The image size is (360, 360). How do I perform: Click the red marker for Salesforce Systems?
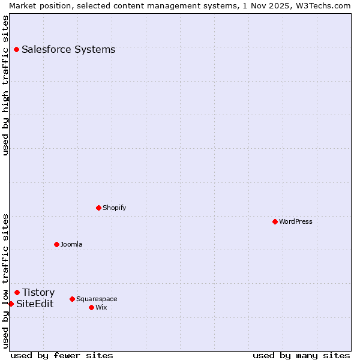click(x=16, y=49)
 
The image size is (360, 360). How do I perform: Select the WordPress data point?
click(x=275, y=221)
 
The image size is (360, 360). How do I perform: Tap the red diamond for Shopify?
click(x=98, y=208)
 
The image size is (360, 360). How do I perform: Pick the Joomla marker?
click(x=56, y=244)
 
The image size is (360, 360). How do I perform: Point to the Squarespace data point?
click(x=72, y=299)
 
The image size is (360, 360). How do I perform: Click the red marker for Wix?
click(x=91, y=307)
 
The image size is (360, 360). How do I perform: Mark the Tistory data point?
click(x=17, y=292)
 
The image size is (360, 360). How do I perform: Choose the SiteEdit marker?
click(x=11, y=304)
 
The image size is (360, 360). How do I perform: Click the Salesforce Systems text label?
click(x=68, y=49)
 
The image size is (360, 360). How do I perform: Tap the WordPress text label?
click(x=296, y=221)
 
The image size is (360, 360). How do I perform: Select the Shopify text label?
click(x=115, y=208)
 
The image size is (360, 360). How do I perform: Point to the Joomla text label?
click(x=71, y=244)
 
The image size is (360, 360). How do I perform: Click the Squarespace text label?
click(x=97, y=299)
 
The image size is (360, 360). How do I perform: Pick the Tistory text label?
click(x=38, y=292)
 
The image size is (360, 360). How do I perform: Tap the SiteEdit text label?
click(x=35, y=304)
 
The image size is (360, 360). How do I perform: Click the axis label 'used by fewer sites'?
click(x=62, y=355)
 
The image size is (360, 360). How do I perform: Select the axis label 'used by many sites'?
click(x=301, y=355)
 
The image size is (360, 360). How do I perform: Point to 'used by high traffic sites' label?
click(x=5, y=85)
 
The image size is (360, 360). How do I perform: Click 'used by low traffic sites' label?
click(x=5, y=281)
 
